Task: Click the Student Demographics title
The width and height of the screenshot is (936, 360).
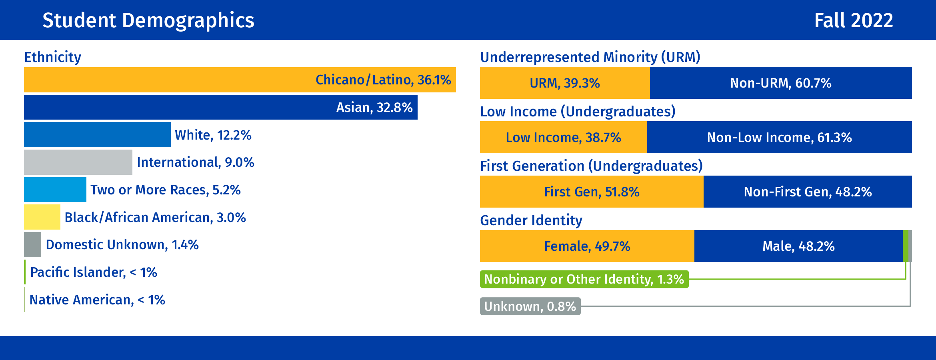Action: point(148,20)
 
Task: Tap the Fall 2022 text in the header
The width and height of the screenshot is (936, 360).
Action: point(854,20)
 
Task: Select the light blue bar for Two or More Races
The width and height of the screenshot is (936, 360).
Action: point(55,190)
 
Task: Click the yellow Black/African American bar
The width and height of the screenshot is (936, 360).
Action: point(42,217)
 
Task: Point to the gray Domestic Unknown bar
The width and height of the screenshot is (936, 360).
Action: point(32,244)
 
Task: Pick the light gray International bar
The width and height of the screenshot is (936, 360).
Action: point(78,162)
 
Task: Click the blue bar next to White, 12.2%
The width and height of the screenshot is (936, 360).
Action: point(97,135)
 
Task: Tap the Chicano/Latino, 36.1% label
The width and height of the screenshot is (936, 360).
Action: point(383,80)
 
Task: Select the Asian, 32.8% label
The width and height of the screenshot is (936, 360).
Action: point(374,107)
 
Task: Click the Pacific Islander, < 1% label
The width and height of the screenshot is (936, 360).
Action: point(94,272)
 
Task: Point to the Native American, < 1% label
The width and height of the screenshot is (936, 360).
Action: point(97,300)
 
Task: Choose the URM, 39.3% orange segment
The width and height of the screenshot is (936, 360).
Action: point(565,83)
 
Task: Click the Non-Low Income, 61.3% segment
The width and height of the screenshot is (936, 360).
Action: point(780,137)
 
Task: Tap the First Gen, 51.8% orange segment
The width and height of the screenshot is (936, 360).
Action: point(592,192)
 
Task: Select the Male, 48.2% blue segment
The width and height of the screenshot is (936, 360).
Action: point(798,246)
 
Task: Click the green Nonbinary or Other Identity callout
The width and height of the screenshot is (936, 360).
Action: point(584,279)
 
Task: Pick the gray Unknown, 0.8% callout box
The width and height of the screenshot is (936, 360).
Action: point(530,306)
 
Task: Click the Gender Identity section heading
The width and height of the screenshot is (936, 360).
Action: point(531,220)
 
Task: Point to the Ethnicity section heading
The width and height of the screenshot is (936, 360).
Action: point(53,57)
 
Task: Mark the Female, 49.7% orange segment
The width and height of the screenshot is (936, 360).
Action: point(587,246)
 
